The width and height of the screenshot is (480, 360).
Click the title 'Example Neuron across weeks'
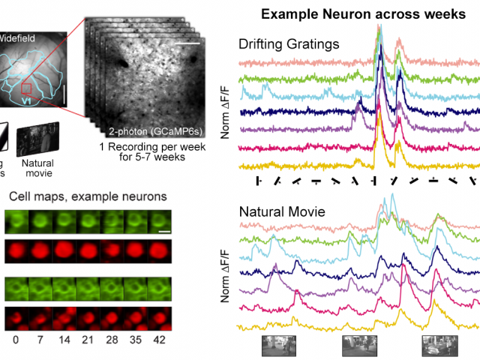360,15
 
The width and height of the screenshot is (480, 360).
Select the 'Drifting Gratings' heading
289,43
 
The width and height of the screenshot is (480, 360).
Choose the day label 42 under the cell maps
160,339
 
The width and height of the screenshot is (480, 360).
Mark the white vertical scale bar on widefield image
65,94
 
